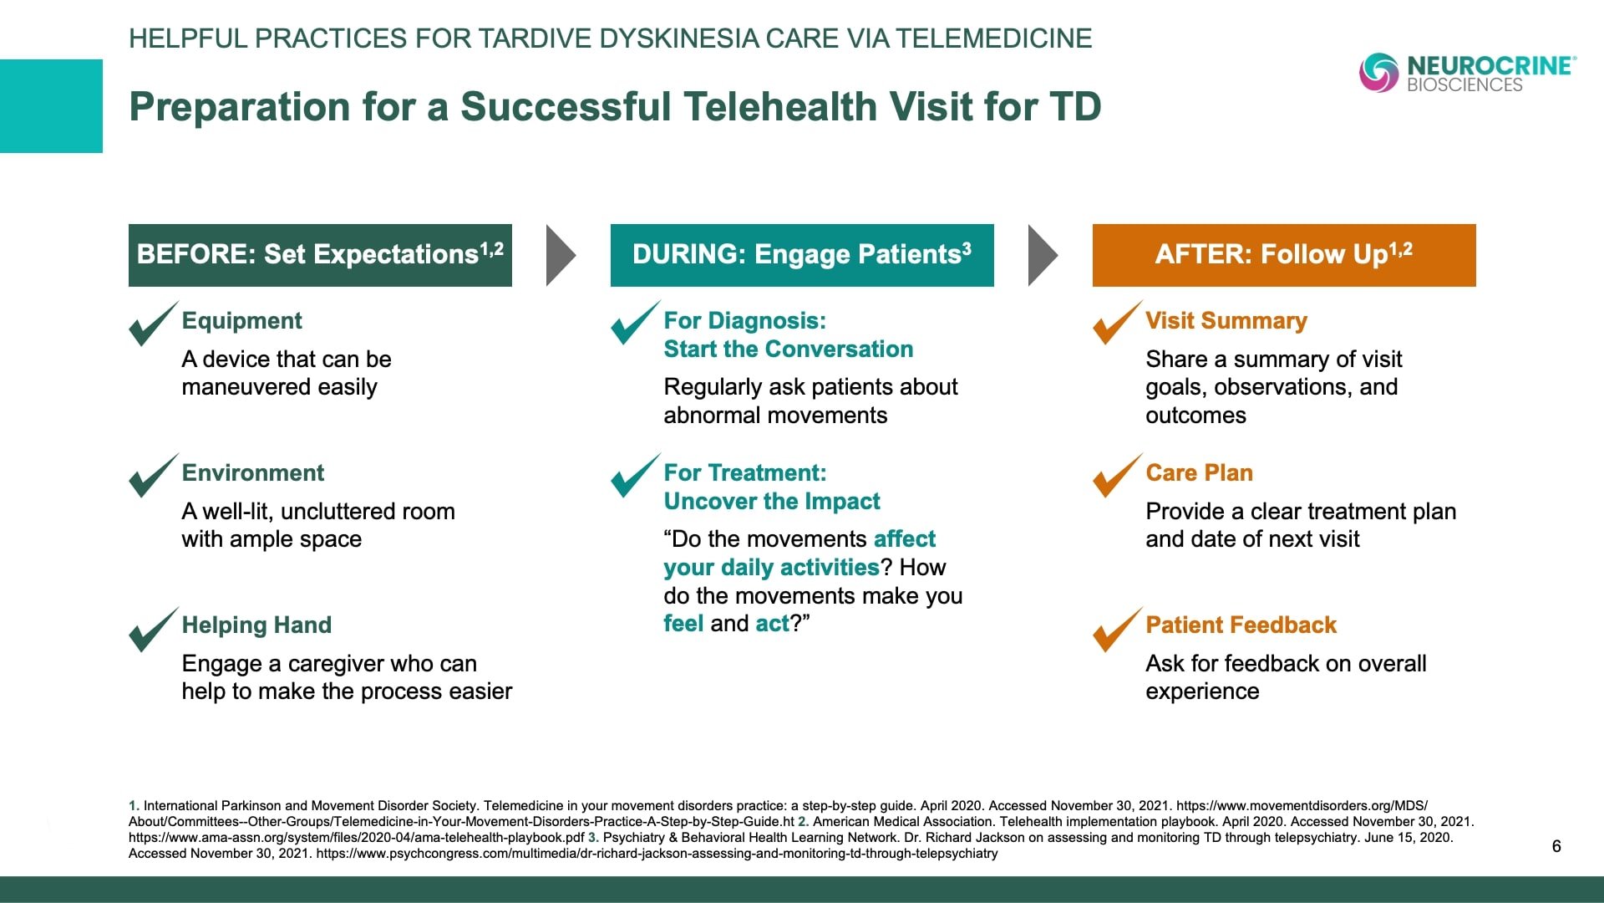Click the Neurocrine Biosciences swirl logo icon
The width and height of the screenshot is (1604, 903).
1378,73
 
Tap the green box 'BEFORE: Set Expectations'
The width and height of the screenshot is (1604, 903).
320,255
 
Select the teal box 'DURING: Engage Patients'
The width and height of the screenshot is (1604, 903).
802,255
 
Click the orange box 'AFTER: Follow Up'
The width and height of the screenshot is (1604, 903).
1284,255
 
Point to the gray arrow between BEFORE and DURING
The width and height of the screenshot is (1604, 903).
561,255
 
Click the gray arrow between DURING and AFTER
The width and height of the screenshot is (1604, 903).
1043,255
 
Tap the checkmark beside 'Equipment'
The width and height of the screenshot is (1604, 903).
154,324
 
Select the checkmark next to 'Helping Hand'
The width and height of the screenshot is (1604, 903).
154,630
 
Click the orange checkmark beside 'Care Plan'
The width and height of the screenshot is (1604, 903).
1118,476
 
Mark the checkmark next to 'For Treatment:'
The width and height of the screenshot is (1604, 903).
636,476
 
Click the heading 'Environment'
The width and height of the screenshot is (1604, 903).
253,473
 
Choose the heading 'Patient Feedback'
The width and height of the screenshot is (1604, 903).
1241,625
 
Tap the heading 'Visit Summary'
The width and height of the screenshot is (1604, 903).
1226,321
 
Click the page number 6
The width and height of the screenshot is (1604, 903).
1556,846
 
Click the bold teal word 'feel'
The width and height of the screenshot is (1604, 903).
683,624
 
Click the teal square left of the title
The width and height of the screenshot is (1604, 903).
51,106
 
